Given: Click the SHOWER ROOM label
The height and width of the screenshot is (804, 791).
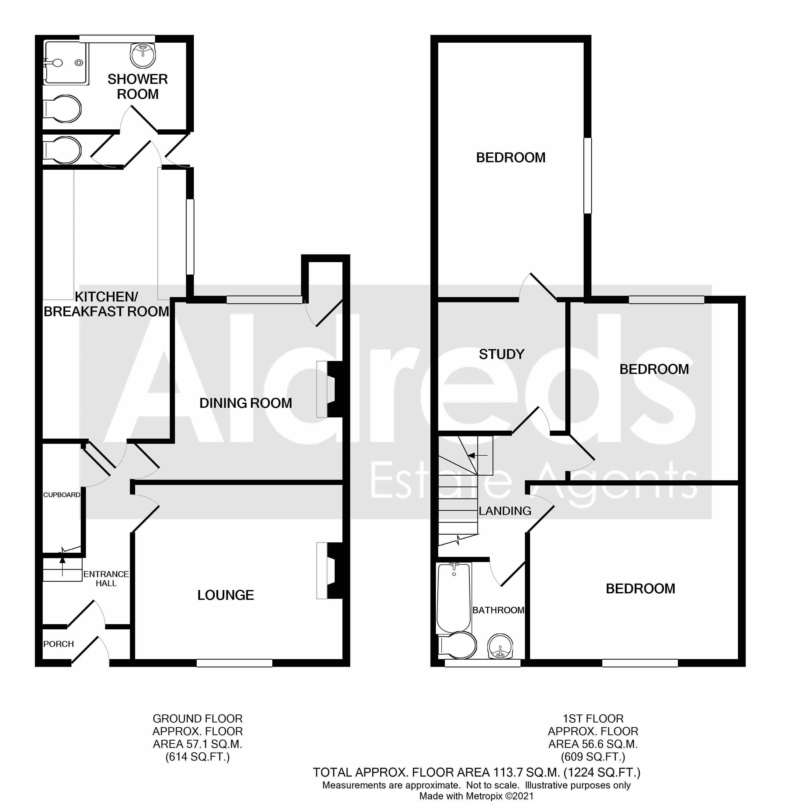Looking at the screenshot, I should click(x=137, y=86).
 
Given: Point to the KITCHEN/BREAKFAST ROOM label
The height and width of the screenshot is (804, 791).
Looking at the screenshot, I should click(x=106, y=304).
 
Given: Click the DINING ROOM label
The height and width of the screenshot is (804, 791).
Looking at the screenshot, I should click(x=246, y=403).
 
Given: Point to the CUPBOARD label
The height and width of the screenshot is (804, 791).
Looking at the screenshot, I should click(x=62, y=495).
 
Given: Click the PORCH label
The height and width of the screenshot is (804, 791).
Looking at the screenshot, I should click(x=58, y=644).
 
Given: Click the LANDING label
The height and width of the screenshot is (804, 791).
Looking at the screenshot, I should click(x=505, y=511).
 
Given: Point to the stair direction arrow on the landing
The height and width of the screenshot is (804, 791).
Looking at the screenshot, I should click(x=478, y=456).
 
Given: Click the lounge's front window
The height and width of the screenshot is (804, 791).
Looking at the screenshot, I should click(x=234, y=663).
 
